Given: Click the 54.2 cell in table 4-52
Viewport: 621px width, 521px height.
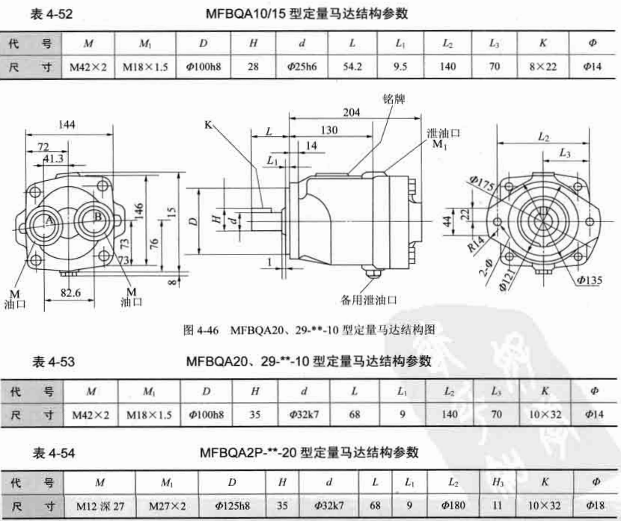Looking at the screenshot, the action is click(x=352, y=67).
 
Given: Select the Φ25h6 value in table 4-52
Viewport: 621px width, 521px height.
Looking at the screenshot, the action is click(x=302, y=67).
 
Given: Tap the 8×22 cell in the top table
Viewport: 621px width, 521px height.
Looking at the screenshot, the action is click(x=542, y=67).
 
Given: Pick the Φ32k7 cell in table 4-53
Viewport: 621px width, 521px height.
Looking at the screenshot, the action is click(x=304, y=415).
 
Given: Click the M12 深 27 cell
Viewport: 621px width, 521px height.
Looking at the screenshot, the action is click(x=100, y=506).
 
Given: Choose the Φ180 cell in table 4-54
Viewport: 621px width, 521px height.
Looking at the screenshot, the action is click(x=453, y=505).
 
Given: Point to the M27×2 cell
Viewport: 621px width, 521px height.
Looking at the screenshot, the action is click(x=167, y=505).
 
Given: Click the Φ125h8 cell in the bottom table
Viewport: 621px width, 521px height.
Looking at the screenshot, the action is click(x=233, y=505).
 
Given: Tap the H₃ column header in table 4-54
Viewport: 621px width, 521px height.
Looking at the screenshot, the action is click(x=498, y=482).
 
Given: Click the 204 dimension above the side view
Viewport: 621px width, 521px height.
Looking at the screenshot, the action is click(x=352, y=112).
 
